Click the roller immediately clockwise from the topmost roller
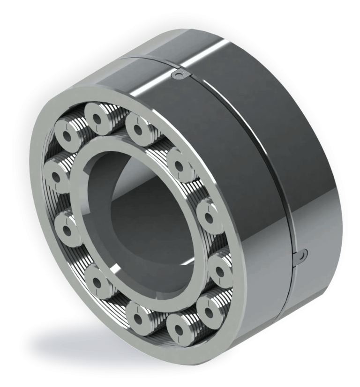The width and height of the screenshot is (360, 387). click(138, 127)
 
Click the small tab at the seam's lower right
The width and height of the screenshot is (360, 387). click(300, 254)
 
